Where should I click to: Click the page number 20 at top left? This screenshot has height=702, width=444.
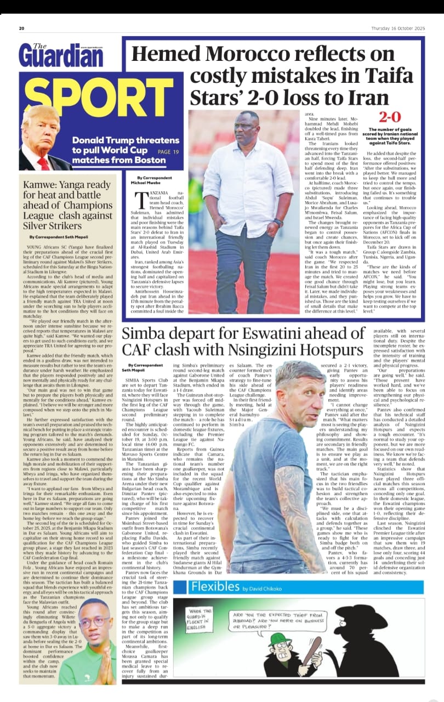coord(21,29)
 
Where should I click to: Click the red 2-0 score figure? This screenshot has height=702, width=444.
coord(390,117)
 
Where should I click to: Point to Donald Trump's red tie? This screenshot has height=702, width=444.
coord(43,163)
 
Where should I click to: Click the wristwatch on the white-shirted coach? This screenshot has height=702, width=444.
coord(279,222)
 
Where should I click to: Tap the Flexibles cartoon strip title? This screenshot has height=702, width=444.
coord(215,586)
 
